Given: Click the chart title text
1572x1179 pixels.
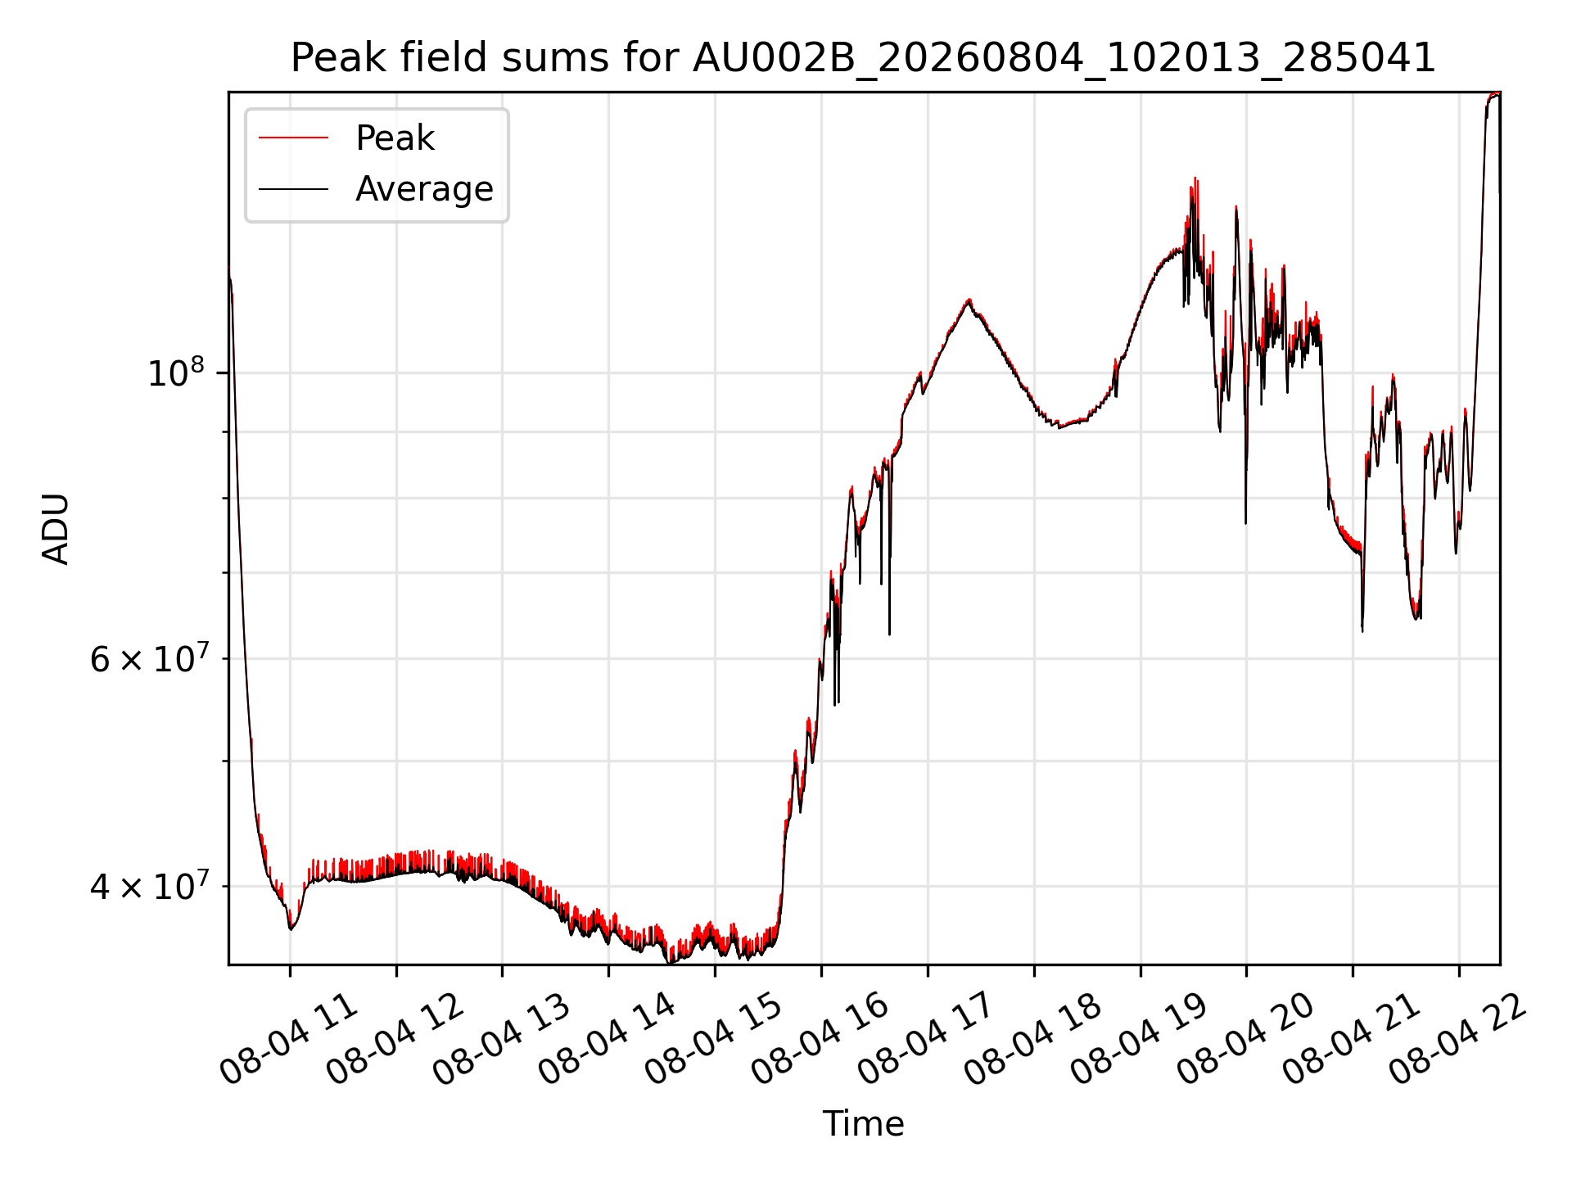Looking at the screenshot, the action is coord(863,58).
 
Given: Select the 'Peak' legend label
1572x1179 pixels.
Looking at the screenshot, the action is coord(395,138).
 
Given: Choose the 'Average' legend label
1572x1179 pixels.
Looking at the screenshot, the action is coord(424,188).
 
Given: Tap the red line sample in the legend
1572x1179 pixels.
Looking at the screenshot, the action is coord(293,138).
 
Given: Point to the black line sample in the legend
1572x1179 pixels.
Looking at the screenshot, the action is coord(293,189).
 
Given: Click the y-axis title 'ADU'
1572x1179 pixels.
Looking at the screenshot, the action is coord(56,529).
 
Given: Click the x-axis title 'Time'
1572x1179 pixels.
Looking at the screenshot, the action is coord(863,1124).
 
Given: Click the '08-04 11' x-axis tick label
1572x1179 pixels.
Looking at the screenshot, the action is coord(289,1038).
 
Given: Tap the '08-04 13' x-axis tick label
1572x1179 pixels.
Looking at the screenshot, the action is coord(501,1038).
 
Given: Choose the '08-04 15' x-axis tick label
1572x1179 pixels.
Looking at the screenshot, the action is coord(714,1038).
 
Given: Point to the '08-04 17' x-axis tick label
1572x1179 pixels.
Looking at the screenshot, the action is coord(926,1038).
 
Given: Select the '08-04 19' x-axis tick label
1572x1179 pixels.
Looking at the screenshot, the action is coord(1139,1038).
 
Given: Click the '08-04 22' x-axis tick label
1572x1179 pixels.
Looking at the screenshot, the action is coord(1457,1038).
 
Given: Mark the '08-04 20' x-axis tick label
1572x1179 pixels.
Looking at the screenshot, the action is coord(1245,1038).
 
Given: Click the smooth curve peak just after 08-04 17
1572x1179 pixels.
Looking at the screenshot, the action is coord(969,300).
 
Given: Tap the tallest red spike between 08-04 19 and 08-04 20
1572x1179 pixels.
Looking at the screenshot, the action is coord(1195,178).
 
